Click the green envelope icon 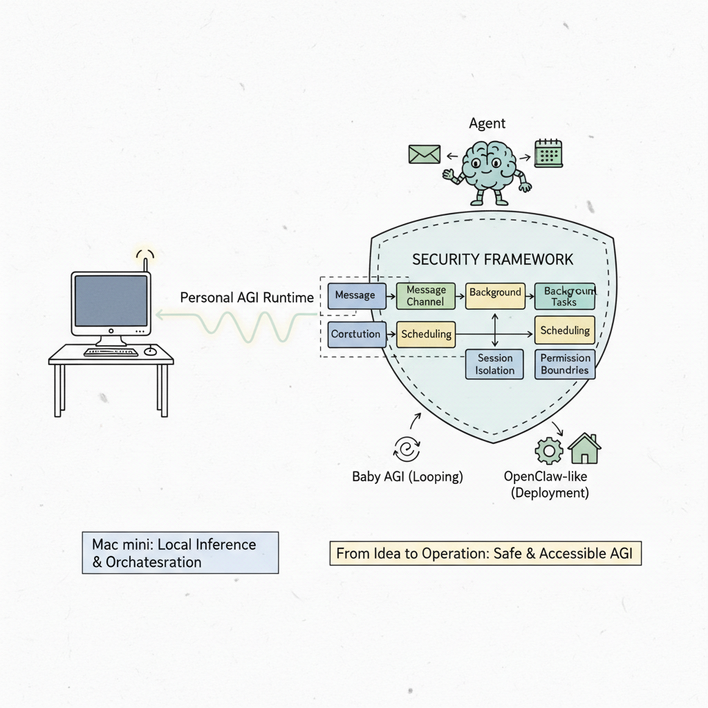click(424, 153)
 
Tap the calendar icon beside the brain click(549, 153)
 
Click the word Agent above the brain click(487, 124)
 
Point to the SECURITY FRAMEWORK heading click(492, 260)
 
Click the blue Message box click(355, 295)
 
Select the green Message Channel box click(425, 295)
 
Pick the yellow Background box click(495, 293)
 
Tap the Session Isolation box click(495, 364)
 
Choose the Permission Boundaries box click(565, 364)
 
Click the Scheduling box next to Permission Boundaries click(565, 330)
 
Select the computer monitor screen click(111, 300)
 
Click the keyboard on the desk click(111, 352)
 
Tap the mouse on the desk click(150, 351)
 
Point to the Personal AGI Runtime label click(247, 298)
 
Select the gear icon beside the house click(549, 451)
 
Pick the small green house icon click(584, 449)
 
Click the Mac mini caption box click(180, 552)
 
